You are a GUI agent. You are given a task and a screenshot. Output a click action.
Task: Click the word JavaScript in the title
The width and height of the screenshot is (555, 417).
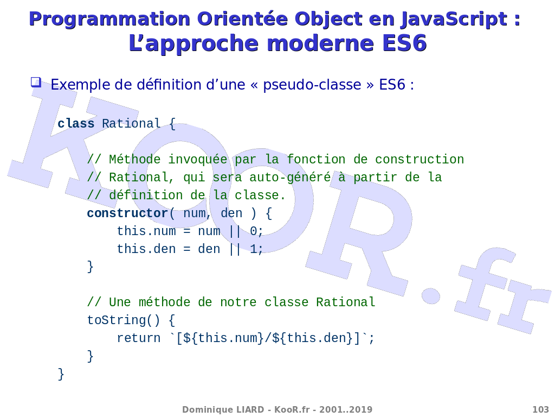pos(454,19)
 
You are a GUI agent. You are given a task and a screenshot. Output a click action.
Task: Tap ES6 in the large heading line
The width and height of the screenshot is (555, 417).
pos(404,43)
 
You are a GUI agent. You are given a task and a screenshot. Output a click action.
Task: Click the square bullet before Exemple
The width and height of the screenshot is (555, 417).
pos(36,83)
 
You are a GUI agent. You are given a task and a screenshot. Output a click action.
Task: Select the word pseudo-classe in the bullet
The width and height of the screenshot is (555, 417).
pos(312,85)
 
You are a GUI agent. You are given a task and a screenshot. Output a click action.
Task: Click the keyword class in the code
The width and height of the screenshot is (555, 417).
pos(76,123)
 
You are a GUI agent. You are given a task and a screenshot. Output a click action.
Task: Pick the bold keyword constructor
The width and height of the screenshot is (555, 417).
pos(127,213)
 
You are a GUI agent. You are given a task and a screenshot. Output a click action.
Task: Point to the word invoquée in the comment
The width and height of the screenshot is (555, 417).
pos(197,160)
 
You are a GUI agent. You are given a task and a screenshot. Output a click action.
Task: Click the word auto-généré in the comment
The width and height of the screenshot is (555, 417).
pos(291,178)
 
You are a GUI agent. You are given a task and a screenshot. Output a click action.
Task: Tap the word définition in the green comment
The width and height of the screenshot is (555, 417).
pos(146,195)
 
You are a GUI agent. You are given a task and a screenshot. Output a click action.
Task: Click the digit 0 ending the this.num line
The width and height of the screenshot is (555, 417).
pos(254,231)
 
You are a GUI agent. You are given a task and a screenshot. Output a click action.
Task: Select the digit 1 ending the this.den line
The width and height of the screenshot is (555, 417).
pos(254,249)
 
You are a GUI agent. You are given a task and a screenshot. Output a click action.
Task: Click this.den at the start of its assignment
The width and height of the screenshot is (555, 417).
pos(146,249)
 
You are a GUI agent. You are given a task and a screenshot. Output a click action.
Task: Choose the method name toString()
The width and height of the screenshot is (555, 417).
pos(124,320)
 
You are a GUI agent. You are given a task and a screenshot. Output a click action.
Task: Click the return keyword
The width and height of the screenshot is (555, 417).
pos(139,338)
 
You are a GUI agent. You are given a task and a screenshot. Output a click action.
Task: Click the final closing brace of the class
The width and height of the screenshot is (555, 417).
pos(61,374)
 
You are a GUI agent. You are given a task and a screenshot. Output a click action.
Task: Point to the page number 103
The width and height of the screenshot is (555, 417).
pos(541,409)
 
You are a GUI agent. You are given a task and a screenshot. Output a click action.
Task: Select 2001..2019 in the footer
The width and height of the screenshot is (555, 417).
pos(346,409)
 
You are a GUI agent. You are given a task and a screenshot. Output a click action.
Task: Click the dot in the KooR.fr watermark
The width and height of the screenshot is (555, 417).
pos(431,295)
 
